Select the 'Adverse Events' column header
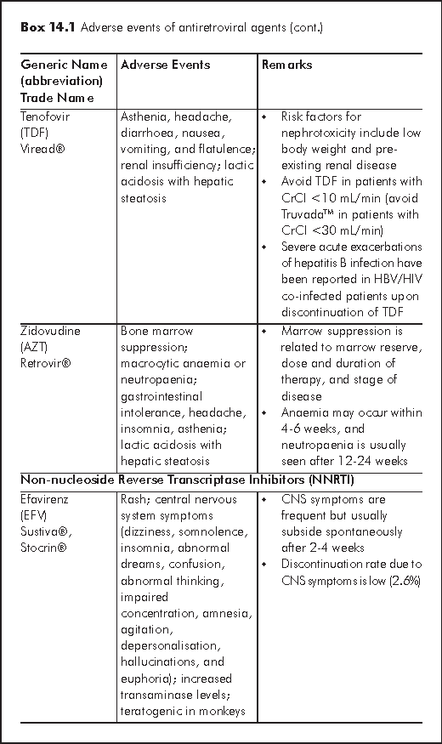166,65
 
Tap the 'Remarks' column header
287,65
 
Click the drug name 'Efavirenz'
45,499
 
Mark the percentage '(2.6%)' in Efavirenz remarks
402,580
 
